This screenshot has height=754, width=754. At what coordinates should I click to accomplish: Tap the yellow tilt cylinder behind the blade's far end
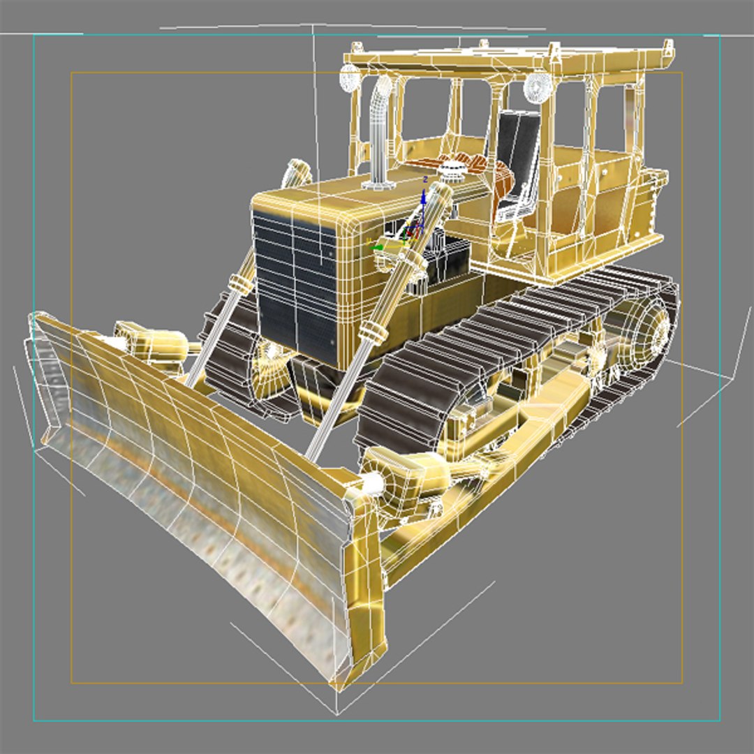pos(150,341)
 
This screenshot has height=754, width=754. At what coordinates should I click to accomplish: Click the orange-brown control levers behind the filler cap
pos(482,168)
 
